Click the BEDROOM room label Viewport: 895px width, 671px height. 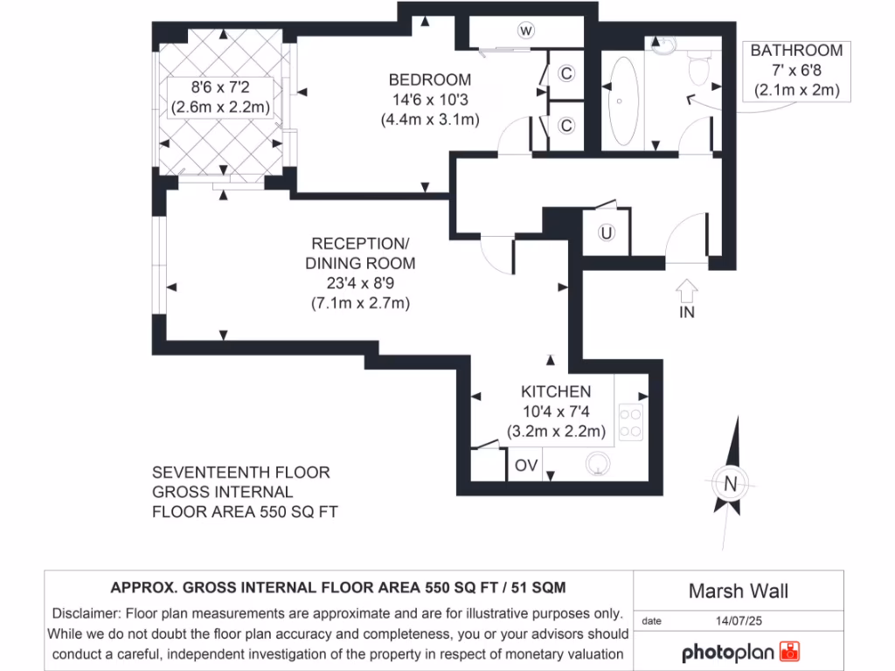pyautogui.click(x=429, y=80)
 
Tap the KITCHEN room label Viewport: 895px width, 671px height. pyautogui.click(x=556, y=391)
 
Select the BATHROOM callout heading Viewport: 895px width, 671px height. pyautogui.click(x=796, y=51)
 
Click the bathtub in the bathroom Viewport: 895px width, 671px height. pyautogui.click(x=622, y=101)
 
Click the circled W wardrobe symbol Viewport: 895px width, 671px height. pyautogui.click(x=525, y=31)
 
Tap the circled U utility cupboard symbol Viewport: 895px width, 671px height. pyautogui.click(x=606, y=233)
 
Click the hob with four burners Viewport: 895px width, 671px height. pyautogui.click(x=631, y=422)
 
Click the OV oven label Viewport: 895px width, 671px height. pyautogui.click(x=525, y=466)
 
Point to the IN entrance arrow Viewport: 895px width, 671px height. pyautogui.click(x=687, y=297)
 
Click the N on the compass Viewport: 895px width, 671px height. pyautogui.click(x=730, y=482)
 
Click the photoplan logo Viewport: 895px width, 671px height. pyautogui.click(x=739, y=652)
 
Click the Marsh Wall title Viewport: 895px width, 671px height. pyautogui.click(x=738, y=591)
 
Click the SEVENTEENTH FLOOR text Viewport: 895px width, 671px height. pyautogui.click(x=241, y=473)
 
